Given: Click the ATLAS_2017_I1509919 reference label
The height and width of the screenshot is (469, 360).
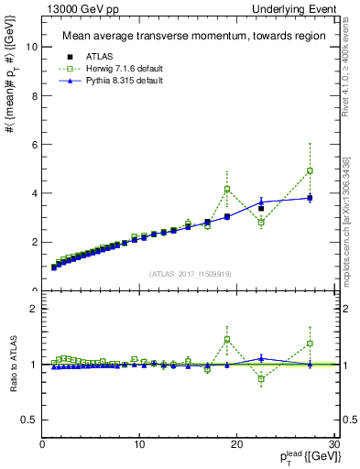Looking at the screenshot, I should click(190, 273).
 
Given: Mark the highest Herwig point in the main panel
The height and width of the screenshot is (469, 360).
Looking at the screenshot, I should click(310, 170).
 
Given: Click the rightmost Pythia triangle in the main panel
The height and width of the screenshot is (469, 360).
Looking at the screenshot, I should click(310, 198).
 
